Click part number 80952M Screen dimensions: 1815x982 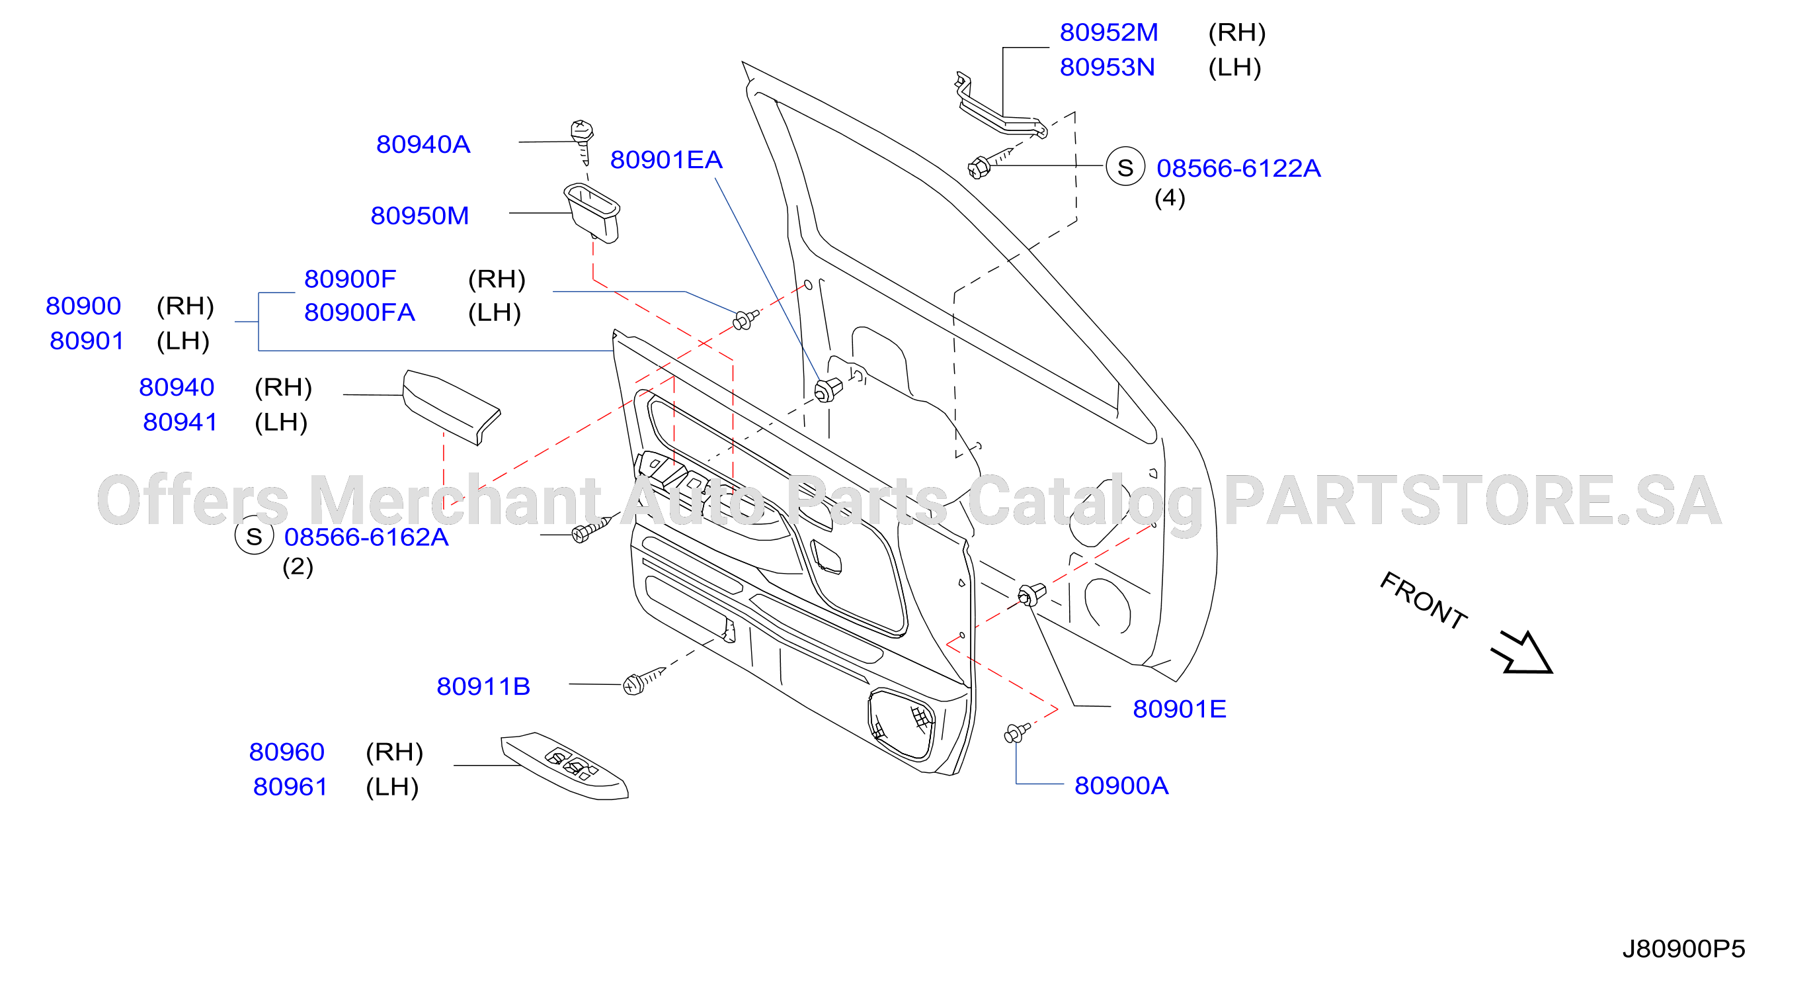1108,32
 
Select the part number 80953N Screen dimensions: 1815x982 1107,67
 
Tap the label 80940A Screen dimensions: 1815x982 423,144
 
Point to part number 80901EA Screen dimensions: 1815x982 666,160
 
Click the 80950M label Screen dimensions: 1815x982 419,216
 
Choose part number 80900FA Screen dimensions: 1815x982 359,312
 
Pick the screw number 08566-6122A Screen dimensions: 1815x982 1238,169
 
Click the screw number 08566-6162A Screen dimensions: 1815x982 366,537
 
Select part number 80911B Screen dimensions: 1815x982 483,687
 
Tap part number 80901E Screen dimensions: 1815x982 1179,709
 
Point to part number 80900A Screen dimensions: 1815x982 1121,785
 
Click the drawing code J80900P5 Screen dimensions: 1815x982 1683,949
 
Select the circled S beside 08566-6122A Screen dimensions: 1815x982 1125,167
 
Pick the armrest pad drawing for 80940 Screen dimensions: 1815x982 451,408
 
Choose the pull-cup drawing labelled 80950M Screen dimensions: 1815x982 592,212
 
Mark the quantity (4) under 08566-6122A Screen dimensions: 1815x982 1170,198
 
